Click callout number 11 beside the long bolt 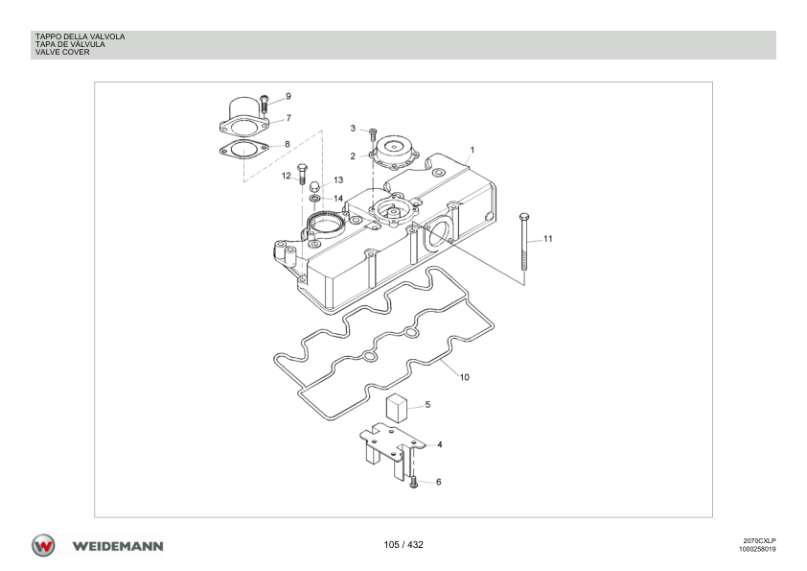tap(547, 239)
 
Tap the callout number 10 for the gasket tap(464, 377)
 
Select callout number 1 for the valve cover tap(473, 150)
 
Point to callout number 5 tap(427, 405)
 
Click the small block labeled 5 tap(397, 408)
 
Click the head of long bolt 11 tap(524, 217)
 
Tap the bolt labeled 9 tap(264, 104)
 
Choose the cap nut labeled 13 tap(313, 186)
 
